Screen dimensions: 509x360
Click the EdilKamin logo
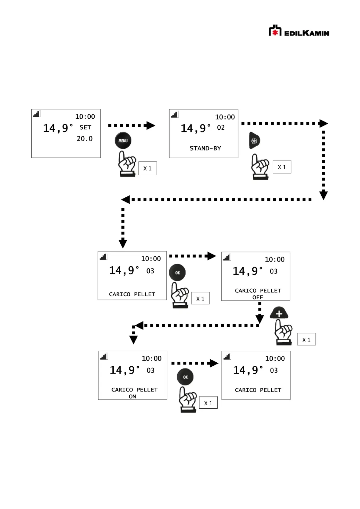tap(299, 31)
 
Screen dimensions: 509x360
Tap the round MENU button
tap(123, 141)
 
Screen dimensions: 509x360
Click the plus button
tap(279, 313)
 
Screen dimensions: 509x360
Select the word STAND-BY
tap(205, 148)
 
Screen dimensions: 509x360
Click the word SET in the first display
tap(85, 128)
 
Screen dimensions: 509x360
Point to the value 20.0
tap(85, 139)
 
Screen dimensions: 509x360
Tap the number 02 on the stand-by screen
tap(221, 128)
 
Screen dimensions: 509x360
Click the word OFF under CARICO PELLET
tap(258, 297)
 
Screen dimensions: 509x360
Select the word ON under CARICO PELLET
tap(132, 397)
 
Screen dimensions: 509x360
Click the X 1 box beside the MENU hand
tap(148, 168)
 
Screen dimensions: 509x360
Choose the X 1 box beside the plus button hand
tap(306, 340)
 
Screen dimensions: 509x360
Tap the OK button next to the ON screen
tap(185, 377)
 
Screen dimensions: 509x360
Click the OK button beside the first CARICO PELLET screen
tap(177, 273)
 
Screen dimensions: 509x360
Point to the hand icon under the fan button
tap(260, 167)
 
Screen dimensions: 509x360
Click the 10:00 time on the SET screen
tap(85, 117)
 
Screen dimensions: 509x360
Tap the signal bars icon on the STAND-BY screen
tap(174, 115)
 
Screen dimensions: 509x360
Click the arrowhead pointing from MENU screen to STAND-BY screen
tap(150, 125)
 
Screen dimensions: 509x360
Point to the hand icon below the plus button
tap(284, 332)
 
